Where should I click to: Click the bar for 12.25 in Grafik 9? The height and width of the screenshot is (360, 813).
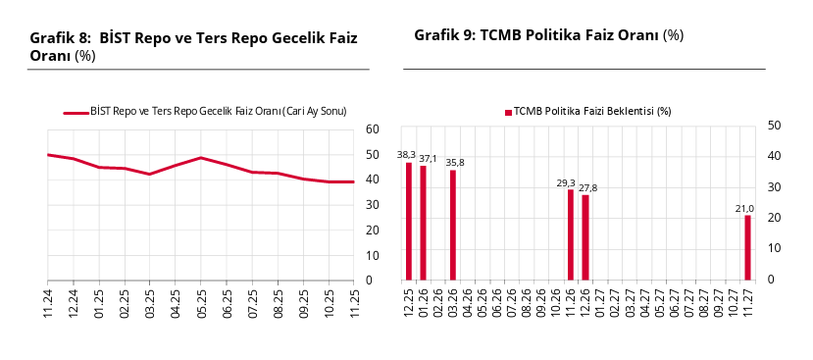point(409,222)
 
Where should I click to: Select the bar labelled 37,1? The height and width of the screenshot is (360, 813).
point(424,224)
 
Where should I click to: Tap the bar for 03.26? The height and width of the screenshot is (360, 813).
point(453,226)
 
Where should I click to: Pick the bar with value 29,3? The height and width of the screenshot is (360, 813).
point(571,235)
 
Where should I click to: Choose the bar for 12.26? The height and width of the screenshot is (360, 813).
point(585,237)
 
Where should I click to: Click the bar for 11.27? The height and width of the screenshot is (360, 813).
point(747,248)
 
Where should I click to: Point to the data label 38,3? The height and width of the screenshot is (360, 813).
point(406,155)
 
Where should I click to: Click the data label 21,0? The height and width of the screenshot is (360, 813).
point(744,208)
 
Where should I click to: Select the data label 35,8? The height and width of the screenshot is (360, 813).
point(455,163)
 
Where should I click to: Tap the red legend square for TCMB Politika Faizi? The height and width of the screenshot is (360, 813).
point(508,112)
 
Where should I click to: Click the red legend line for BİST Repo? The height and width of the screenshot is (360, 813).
point(76,112)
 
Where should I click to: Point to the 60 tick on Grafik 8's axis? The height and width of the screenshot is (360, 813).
point(372,129)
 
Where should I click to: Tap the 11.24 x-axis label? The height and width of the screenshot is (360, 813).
point(48,302)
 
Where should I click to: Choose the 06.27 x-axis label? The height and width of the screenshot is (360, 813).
point(674,301)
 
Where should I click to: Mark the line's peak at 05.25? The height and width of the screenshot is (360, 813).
point(201,158)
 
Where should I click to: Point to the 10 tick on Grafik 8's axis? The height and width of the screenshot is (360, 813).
point(372,256)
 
